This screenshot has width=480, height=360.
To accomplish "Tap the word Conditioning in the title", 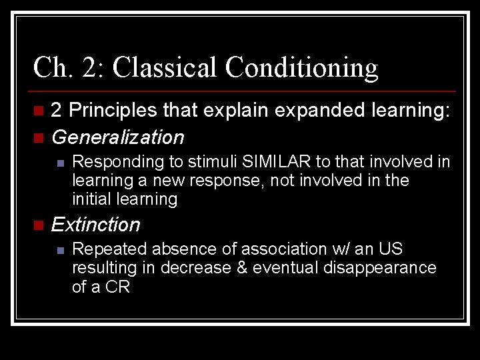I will tap(301, 67).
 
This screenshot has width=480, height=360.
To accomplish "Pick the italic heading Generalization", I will tap(117, 137).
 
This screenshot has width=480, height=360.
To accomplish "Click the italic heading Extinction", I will tap(95, 225).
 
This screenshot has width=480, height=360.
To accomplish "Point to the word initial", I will tap(91, 199).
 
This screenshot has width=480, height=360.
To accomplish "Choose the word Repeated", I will tap(109, 249).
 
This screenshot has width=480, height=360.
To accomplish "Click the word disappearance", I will tap(381, 268).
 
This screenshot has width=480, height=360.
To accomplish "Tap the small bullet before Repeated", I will tap(59, 250).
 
